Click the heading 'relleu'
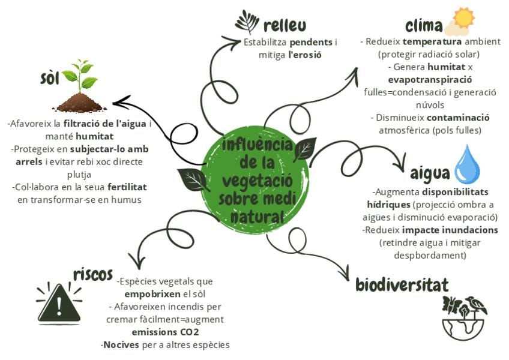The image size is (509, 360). [285, 25]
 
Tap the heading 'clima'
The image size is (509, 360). [423, 26]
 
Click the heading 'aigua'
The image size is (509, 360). [430, 173]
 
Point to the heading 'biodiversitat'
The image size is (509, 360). [402, 284]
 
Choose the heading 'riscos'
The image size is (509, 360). [93, 274]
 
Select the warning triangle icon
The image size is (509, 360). [59, 304]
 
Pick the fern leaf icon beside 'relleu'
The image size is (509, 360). [247, 22]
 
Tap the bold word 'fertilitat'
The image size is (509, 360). [125, 187]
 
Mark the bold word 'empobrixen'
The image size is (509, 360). [150, 294]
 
